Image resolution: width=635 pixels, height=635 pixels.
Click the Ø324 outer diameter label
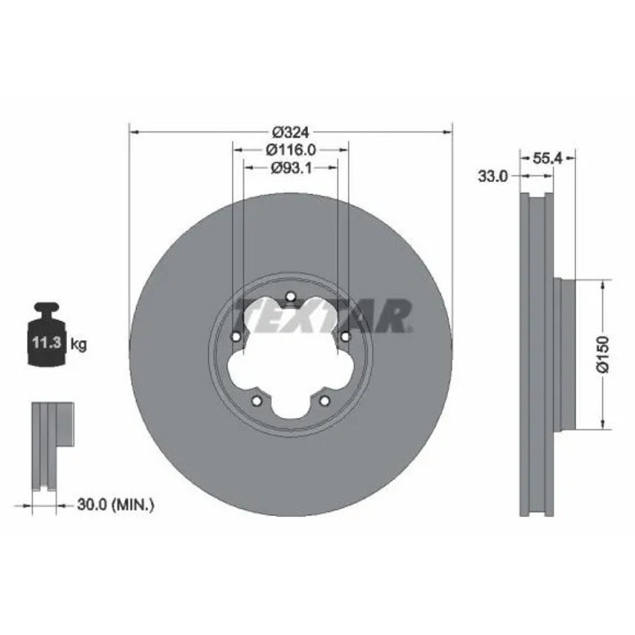[x=290, y=132]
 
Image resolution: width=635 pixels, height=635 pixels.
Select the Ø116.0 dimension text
[x=291, y=150]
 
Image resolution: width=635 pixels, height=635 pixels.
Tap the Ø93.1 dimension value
[x=291, y=168]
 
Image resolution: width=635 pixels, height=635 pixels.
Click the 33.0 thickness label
[x=493, y=176]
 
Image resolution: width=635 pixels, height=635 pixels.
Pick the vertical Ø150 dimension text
[x=603, y=354]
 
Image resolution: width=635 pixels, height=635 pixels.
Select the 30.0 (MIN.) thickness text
[x=116, y=504]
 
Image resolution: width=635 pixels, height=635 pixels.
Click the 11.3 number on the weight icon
[x=47, y=343]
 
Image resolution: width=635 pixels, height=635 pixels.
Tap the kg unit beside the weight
[x=78, y=345]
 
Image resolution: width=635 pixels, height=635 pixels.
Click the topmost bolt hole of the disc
[x=290, y=297]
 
